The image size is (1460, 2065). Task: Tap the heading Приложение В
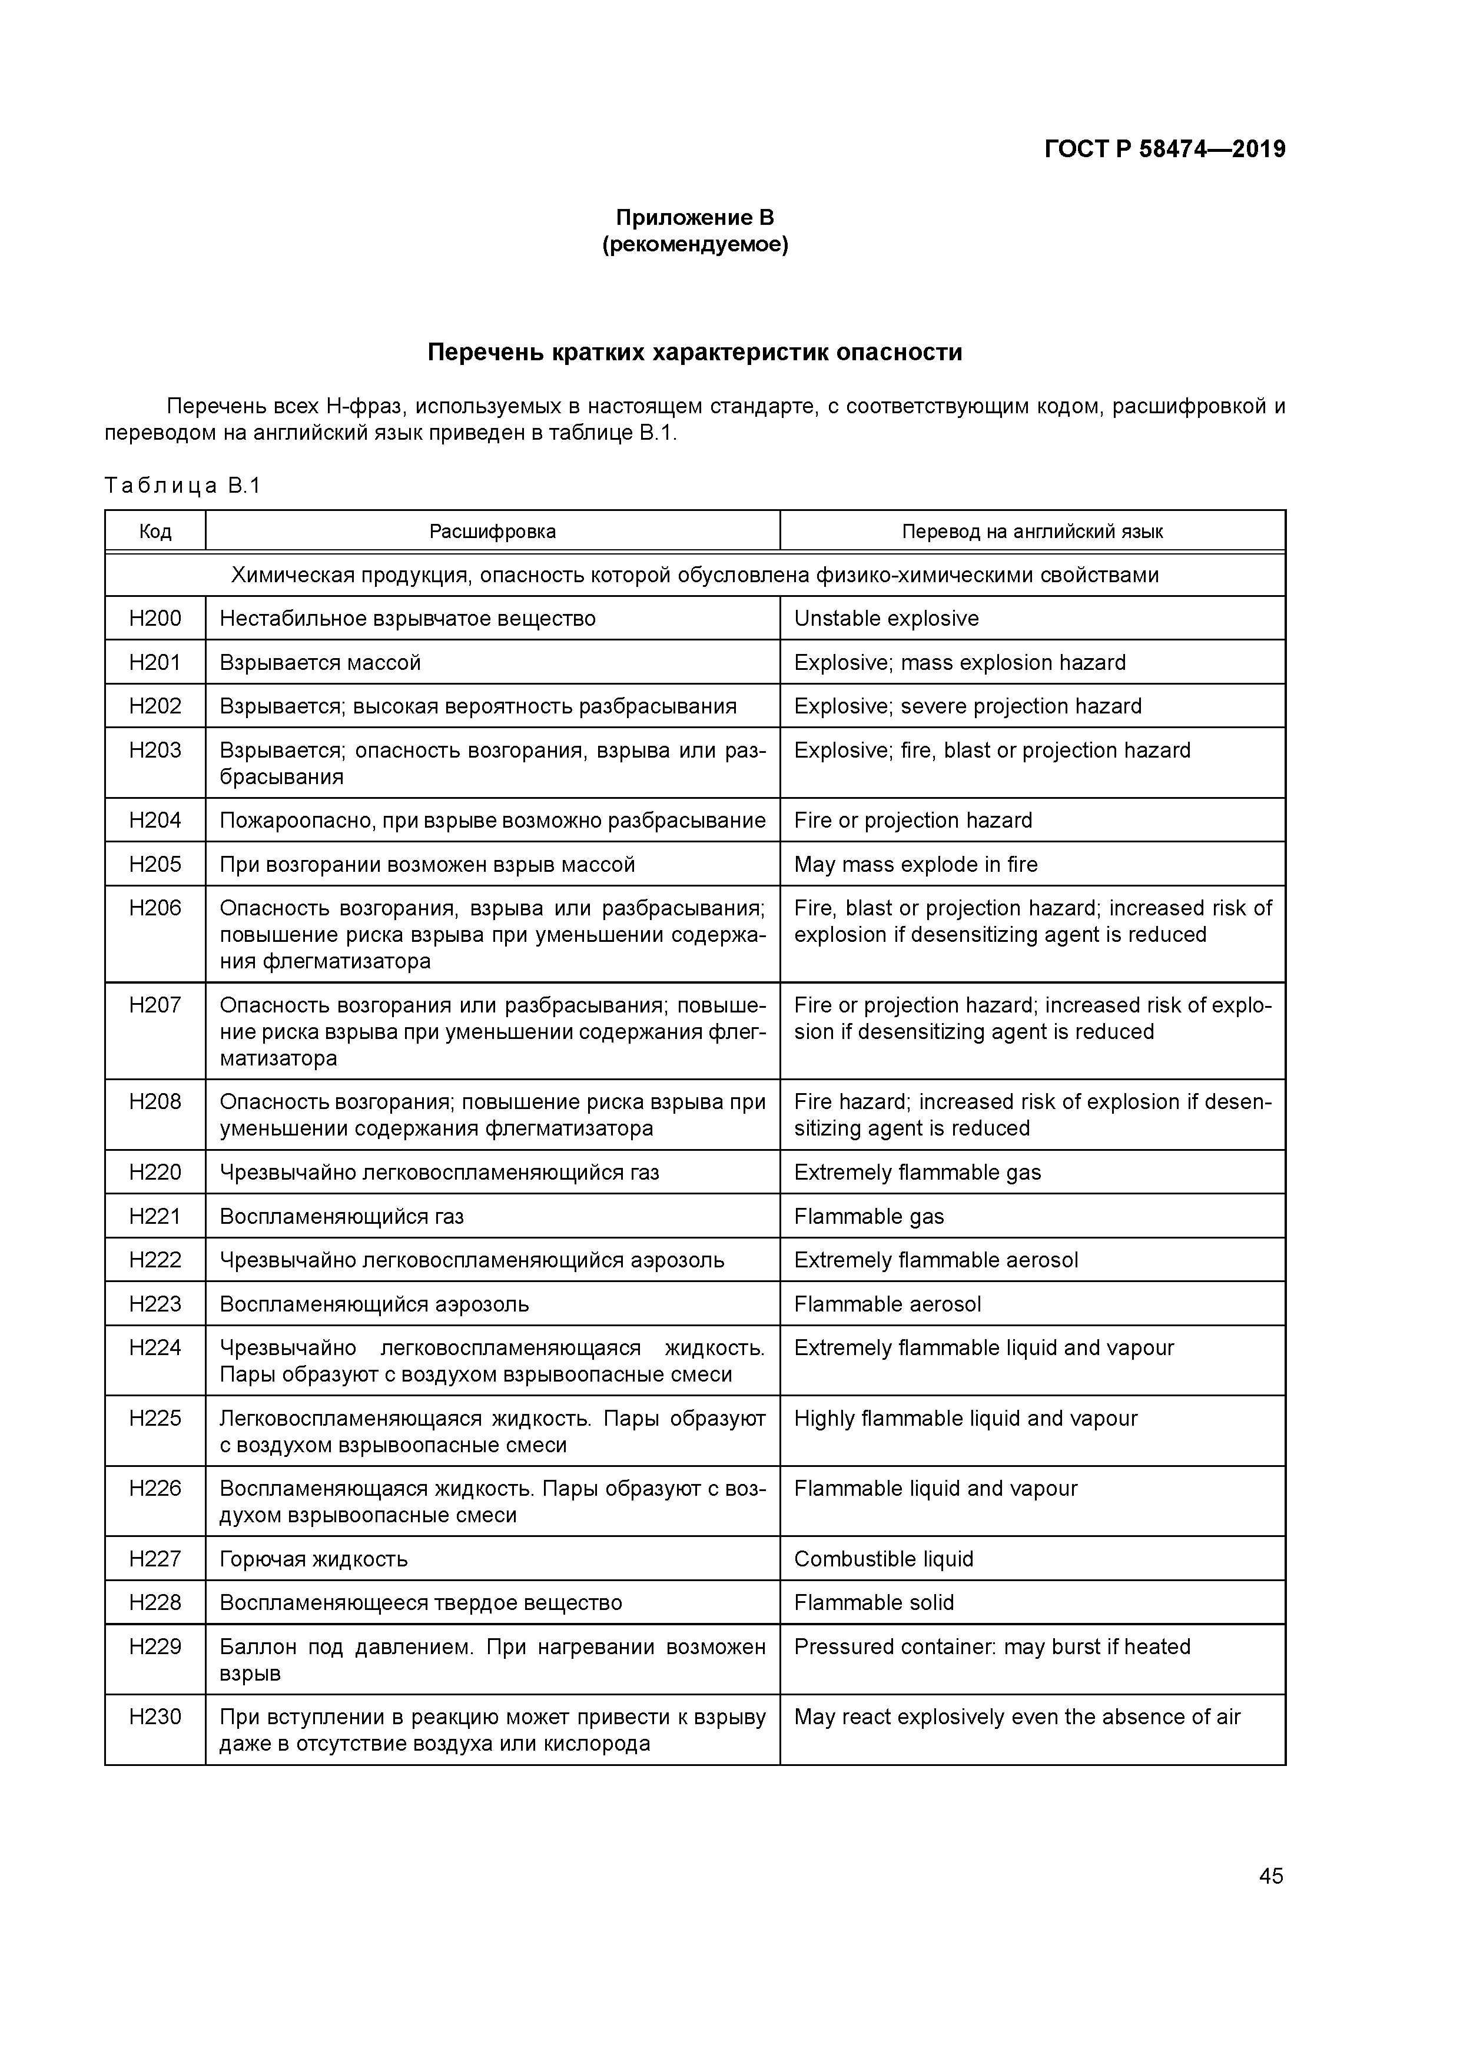[x=695, y=218]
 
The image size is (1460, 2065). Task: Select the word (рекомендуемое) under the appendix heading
[x=695, y=245]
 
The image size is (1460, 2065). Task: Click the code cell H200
[x=155, y=618]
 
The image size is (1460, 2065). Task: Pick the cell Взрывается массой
[x=320, y=663]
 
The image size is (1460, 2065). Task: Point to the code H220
[x=155, y=1172]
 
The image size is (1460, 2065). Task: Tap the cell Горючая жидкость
[x=313, y=1559]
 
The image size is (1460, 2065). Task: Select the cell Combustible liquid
[x=884, y=1559]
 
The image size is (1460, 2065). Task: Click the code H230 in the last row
[x=155, y=1717]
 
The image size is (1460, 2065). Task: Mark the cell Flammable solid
[x=874, y=1603]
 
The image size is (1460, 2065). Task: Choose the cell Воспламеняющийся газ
[x=342, y=1216]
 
